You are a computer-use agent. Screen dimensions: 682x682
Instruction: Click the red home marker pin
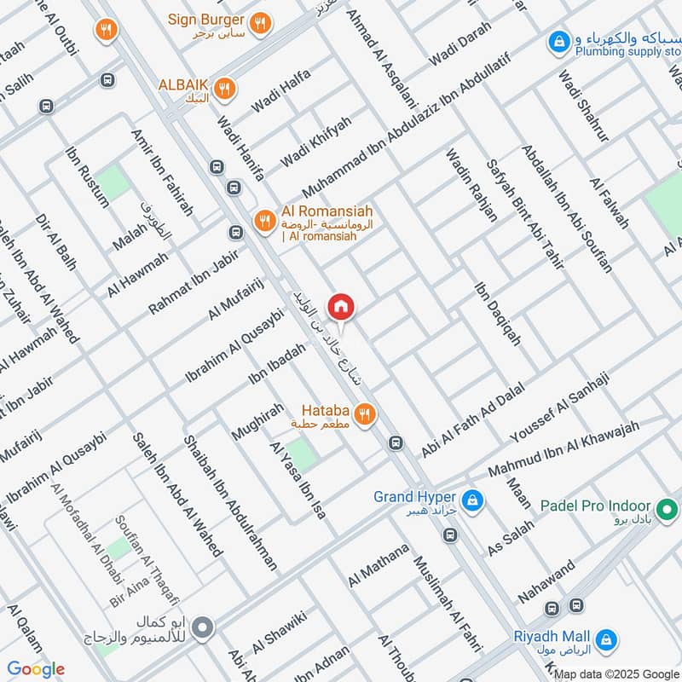[x=341, y=306]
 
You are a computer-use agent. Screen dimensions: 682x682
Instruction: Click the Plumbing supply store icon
[x=559, y=40]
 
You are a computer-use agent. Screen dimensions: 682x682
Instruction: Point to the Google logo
[x=35, y=669]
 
